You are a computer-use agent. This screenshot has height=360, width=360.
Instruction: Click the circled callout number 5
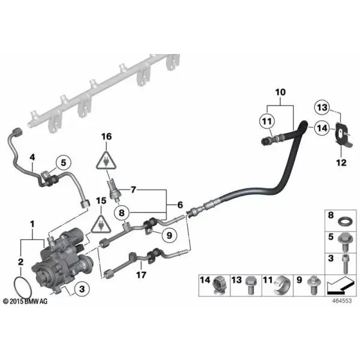click(64, 163)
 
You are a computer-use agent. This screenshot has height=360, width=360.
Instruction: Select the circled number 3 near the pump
click(82, 289)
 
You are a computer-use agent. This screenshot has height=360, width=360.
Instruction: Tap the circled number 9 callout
click(169, 235)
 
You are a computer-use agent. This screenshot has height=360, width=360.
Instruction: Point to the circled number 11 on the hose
click(267, 121)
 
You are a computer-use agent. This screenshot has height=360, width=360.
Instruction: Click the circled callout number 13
click(322, 107)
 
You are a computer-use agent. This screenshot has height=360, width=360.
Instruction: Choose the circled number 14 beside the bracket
click(322, 128)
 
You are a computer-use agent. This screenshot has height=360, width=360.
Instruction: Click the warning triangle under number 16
click(106, 160)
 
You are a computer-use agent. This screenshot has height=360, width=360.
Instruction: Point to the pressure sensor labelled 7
click(113, 190)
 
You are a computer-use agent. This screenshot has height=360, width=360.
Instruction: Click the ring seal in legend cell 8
click(344, 222)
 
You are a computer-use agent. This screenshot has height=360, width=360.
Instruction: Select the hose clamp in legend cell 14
click(218, 286)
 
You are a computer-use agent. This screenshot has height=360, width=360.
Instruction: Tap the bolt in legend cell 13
click(250, 286)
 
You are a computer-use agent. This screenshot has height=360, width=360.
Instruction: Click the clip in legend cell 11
click(281, 286)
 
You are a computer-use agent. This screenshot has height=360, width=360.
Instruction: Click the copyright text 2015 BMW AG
click(25, 301)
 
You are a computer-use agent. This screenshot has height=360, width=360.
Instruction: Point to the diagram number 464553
click(342, 301)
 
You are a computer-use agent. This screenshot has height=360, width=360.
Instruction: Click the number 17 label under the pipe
click(141, 275)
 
